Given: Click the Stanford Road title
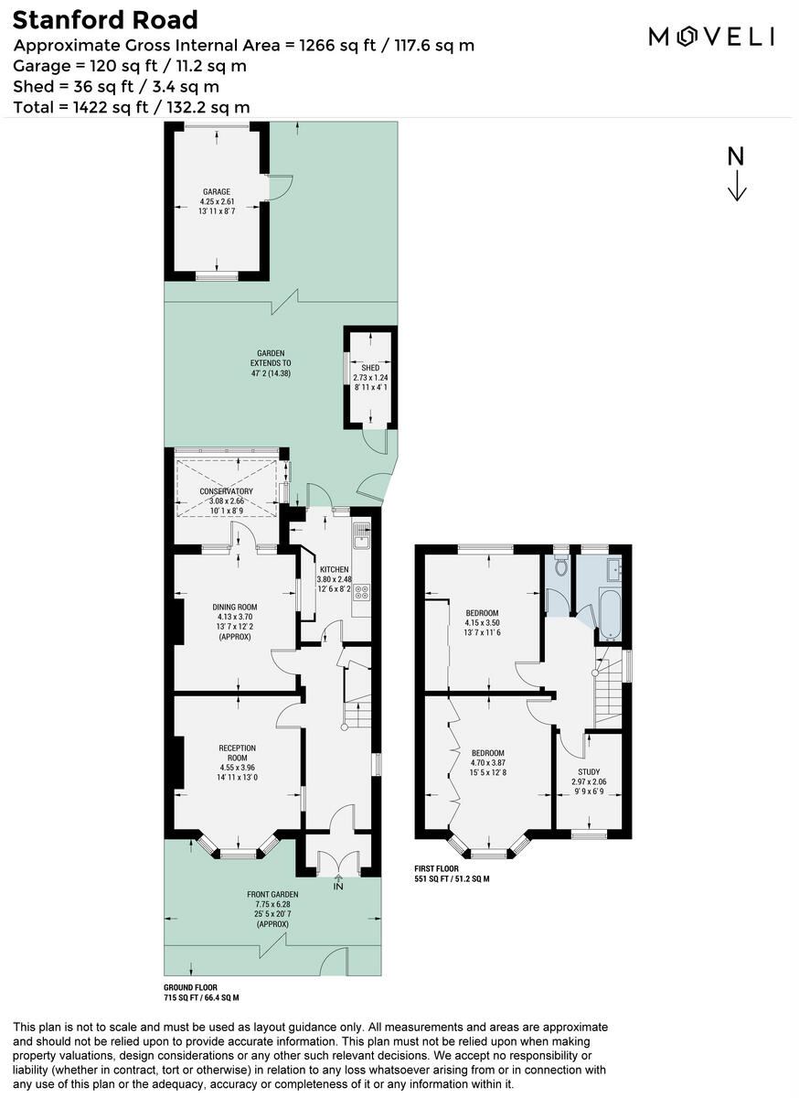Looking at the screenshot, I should tap(105, 20).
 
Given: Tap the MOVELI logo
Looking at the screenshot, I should tap(712, 36).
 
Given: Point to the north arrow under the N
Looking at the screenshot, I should tap(737, 186).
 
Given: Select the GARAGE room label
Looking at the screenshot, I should tap(217, 192).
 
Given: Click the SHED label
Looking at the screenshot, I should tap(369, 368).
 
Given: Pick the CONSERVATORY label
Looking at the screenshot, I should tap(226, 491).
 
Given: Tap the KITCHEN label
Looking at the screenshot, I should tap(335, 569).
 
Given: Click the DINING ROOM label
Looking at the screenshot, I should tap(235, 607).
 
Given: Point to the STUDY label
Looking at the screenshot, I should tap(587, 771).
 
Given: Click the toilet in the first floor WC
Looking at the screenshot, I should tap(560, 566).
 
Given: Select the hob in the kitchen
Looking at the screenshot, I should tap(361, 592).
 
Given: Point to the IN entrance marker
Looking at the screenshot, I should tap(338, 886).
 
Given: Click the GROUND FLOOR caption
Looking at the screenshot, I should tap(188, 987).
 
